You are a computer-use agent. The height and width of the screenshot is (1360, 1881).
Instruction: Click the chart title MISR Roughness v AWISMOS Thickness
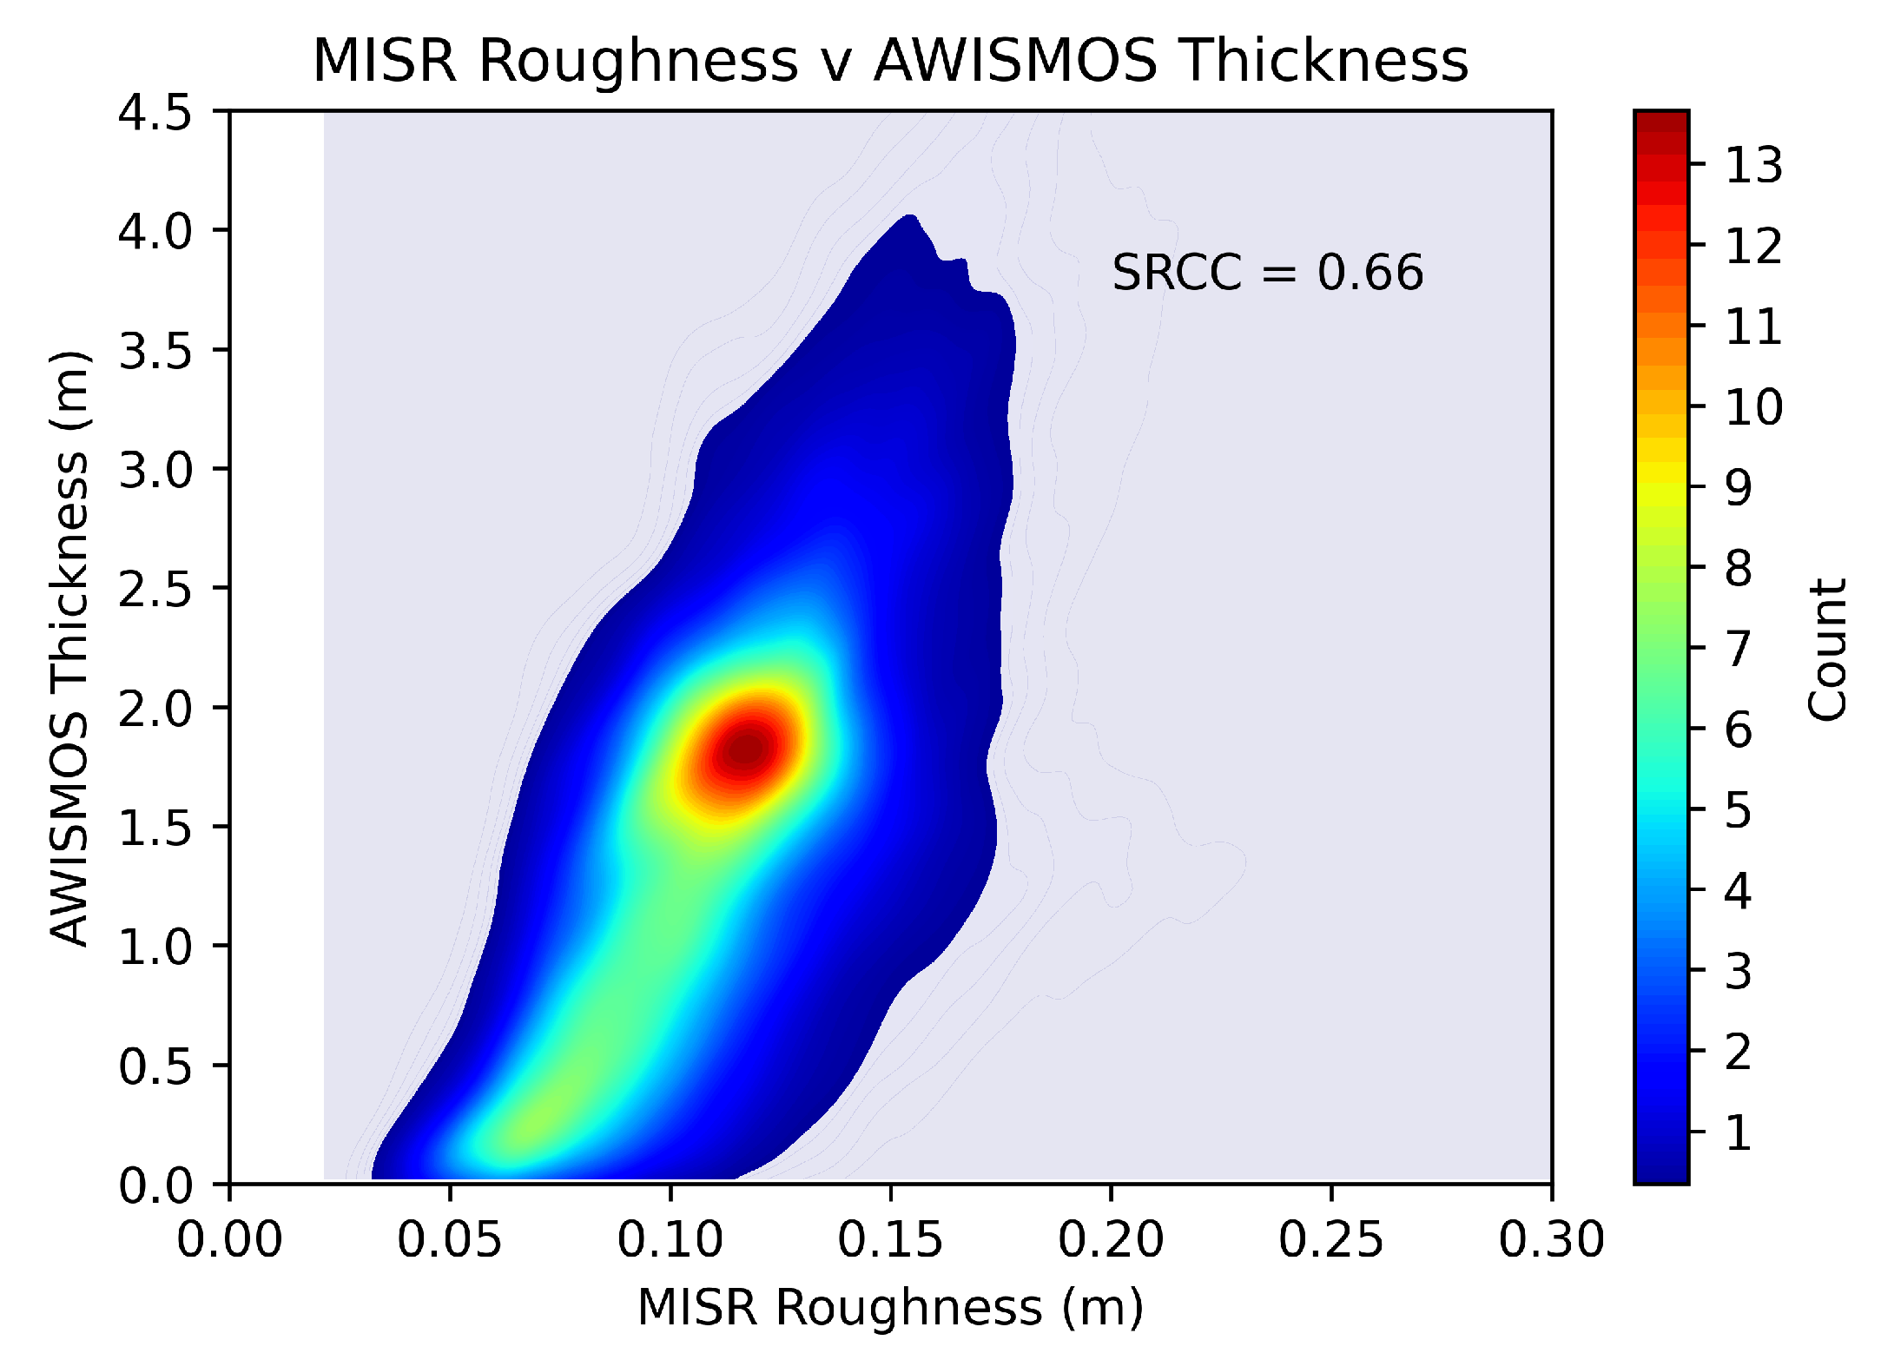(x=890, y=61)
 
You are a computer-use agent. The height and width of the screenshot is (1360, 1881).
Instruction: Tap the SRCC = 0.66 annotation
(x=1267, y=273)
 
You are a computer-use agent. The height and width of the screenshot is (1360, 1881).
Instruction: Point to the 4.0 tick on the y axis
(x=155, y=231)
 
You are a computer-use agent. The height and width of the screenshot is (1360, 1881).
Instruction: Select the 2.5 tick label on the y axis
(x=155, y=589)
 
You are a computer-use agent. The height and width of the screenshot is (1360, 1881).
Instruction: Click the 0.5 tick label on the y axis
(x=155, y=1066)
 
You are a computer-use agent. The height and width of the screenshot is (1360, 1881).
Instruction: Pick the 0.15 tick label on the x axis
(x=890, y=1239)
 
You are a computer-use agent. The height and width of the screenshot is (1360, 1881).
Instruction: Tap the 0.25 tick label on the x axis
(x=1330, y=1239)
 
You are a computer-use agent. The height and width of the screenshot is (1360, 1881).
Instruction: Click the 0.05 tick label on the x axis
(x=450, y=1239)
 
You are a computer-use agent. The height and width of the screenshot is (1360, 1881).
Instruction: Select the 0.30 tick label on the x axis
(x=1551, y=1239)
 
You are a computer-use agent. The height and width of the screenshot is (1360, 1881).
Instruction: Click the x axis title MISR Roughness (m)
(x=890, y=1308)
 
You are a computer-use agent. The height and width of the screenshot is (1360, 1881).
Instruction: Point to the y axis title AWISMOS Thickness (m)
(x=69, y=647)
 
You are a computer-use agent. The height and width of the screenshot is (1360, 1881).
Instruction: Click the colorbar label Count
(x=1827, y=649)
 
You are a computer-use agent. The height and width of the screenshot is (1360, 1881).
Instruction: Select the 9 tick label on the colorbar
(x=1738, y=487)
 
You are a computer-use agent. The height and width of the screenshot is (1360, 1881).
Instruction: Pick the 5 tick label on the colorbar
(x=1738, y=810)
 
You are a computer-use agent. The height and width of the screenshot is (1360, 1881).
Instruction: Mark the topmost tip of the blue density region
(x=909, y=215)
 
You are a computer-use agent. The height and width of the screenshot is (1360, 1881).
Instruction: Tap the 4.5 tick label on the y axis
(x=155, y=113)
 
